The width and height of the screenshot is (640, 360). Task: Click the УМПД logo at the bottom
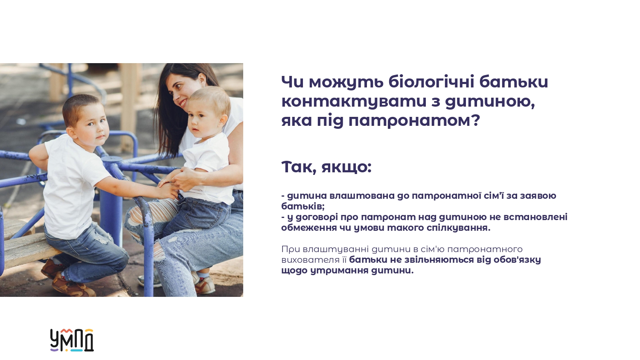(72, 340)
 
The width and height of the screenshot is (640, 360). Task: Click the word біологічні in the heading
(431, 82)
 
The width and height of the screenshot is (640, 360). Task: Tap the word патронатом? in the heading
(414, 120)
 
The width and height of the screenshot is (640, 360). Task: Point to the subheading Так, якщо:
(326, 167)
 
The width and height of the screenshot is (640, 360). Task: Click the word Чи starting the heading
(292, 82)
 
